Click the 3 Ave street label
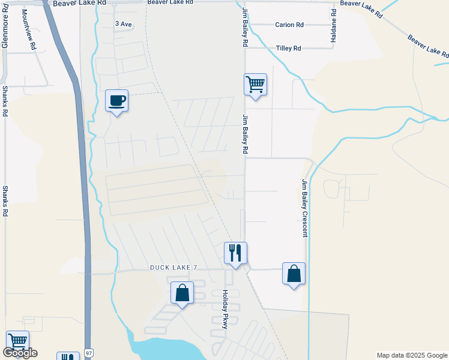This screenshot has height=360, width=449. (123, 23)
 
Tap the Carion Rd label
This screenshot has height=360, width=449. (289, 25)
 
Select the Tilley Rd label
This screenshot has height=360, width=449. (288, 48)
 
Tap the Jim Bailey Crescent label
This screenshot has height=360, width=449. (305, 208)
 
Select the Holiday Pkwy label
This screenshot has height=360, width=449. (226, 310)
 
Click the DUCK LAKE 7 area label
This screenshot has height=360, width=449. (173, 267)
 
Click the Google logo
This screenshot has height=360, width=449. (20, 353)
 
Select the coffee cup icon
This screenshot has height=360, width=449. (116, 100)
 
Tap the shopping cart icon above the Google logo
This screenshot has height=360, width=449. (17, 341)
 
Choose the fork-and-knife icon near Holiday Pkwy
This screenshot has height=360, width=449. (235, 252)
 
